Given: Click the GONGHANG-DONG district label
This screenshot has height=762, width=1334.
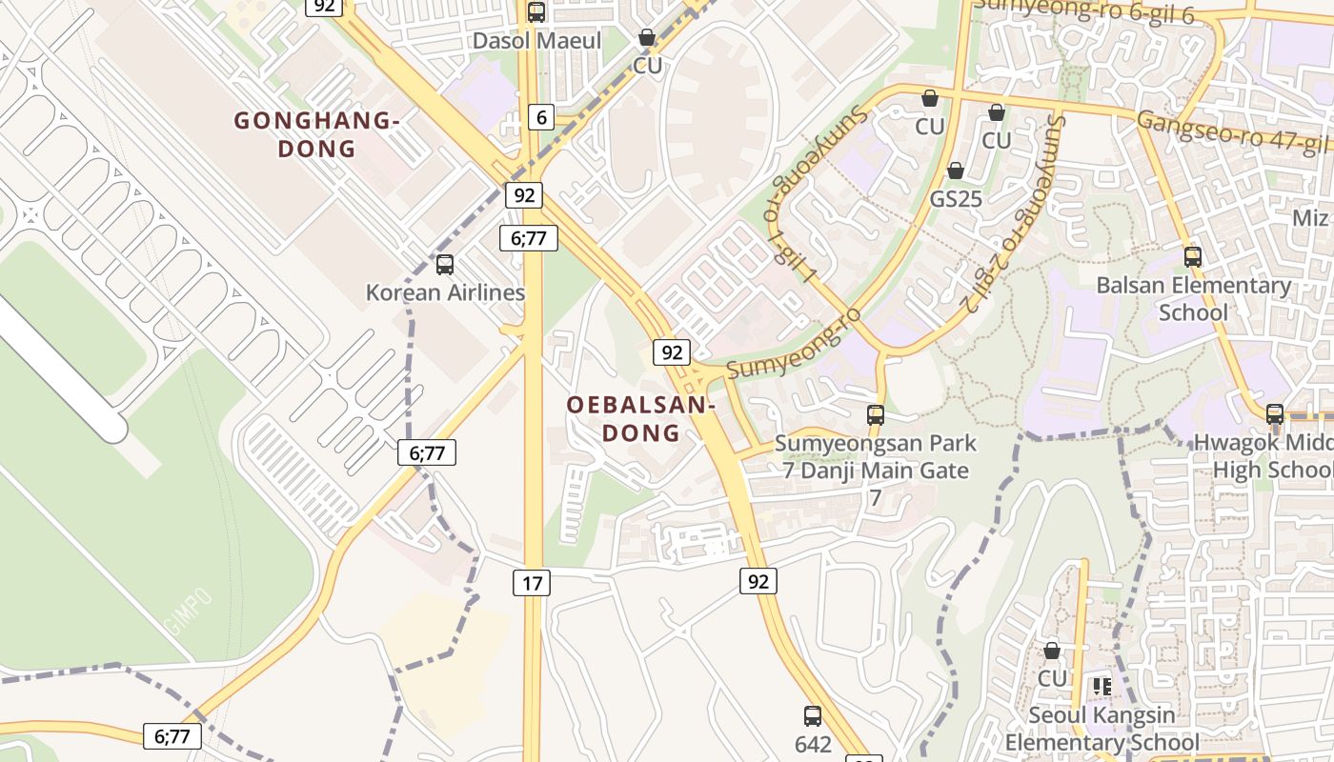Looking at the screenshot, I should [x=316, y=134].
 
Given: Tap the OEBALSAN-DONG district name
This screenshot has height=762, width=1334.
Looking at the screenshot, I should [x=640, y=419].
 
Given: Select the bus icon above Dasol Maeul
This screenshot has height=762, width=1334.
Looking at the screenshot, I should [x=536, y=12].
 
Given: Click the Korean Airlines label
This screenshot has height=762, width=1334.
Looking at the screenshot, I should [x=445, y=292].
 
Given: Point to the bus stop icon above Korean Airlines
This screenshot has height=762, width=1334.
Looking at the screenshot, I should [x=445, y=265].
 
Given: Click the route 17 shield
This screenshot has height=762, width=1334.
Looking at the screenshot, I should [x=532, y=582].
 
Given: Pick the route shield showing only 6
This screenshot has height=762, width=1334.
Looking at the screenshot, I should [x=541, y=117].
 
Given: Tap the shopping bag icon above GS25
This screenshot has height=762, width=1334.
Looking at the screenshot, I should [x=956, y=170].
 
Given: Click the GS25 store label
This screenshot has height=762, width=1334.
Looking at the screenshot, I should [x=956, y=199].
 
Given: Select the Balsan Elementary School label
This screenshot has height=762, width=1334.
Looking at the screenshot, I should [x=1193, y=298].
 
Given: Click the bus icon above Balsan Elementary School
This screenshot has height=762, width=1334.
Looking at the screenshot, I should [x=1193, y=256].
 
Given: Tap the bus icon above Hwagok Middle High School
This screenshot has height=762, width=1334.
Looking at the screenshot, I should [x=1275, y=414].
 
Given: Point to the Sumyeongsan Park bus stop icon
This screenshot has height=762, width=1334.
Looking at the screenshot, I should [x=876, y=415].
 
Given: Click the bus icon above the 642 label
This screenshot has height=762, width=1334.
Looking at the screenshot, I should [x=813, y=716].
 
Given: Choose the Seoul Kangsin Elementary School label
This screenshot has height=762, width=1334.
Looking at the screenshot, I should [x=1102, y=729].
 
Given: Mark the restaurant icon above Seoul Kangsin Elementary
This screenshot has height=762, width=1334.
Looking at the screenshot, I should [x=1102, y=687].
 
